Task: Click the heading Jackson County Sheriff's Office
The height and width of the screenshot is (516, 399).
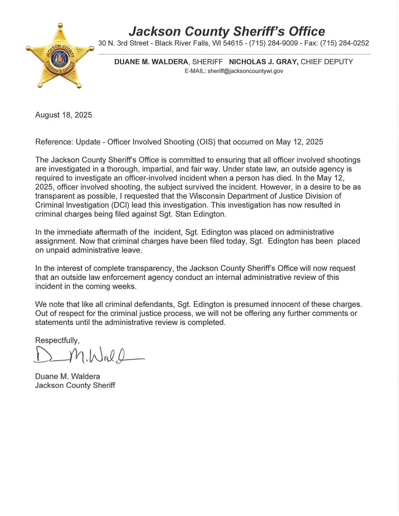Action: point(226,32)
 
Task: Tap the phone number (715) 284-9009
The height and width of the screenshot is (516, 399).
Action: point(273,43)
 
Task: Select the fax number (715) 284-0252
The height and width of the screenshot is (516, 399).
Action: point(344,43)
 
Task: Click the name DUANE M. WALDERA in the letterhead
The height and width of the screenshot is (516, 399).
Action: point(151,62)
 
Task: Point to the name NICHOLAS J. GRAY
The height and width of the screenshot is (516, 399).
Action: point(263,62)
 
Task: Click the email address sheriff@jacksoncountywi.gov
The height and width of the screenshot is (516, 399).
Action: point(245,71)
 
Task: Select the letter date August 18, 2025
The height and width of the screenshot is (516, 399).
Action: point(63,115)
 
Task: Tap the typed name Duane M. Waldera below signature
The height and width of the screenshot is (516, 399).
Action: point(67,376)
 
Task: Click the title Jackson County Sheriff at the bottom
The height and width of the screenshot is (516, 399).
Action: point(75,385)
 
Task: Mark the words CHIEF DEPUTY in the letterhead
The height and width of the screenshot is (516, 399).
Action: point(326,62)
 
